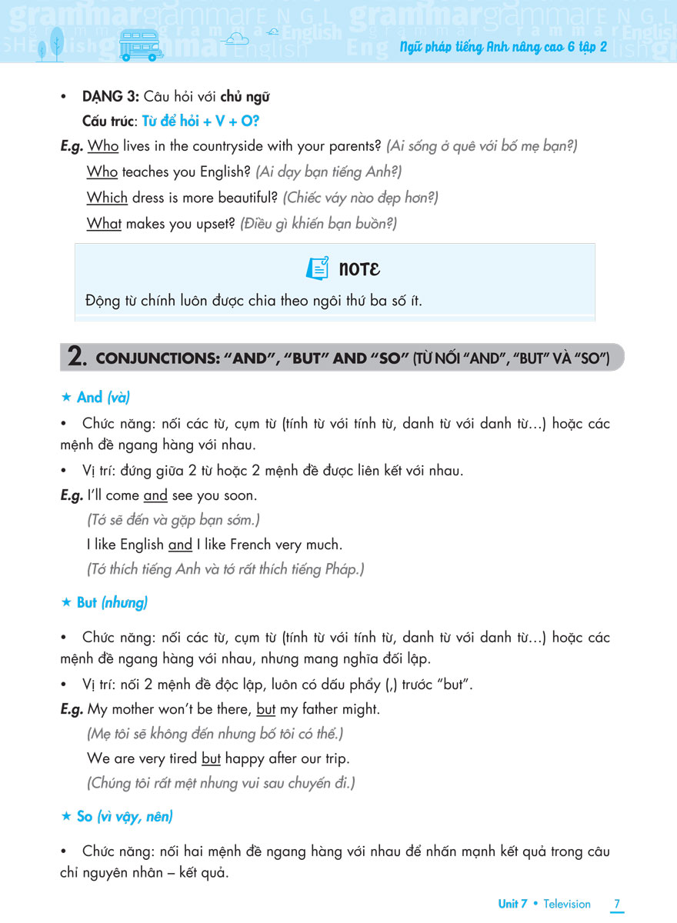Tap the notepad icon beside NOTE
(317, 268)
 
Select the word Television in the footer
(567, 904)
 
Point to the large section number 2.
(76, 358)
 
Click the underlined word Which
(107, 198)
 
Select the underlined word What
(104, 224)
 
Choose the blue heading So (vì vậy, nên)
(125, 816)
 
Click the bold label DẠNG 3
(111, 97)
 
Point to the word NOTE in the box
(359, 269)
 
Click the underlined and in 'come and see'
(155, 495)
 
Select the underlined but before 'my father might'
(265, 708)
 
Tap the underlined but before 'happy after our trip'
(211, 758)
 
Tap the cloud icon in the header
(235, 38)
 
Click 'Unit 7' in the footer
(512, 904)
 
